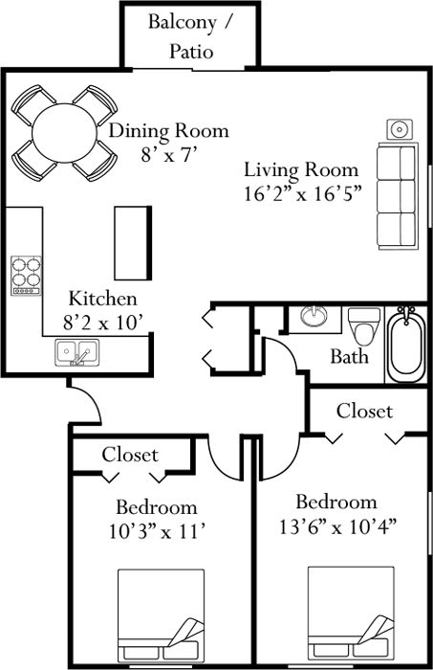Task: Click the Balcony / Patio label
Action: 187,36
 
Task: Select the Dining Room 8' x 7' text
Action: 167,141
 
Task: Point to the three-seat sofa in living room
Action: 396,194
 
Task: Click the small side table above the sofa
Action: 399,128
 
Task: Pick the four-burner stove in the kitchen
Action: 26,274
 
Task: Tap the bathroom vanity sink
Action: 314,318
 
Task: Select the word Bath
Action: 349,358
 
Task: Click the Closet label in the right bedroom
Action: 363,411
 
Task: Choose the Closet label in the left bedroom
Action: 130,454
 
